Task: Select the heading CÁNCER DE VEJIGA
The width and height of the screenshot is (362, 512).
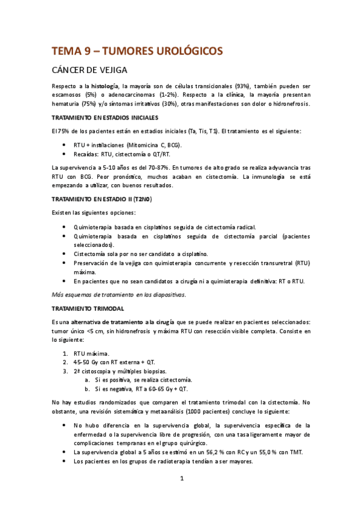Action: coord(97,71)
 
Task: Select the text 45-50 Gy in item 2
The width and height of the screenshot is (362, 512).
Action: coord(92,362)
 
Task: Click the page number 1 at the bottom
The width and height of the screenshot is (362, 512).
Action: coord(181,480)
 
